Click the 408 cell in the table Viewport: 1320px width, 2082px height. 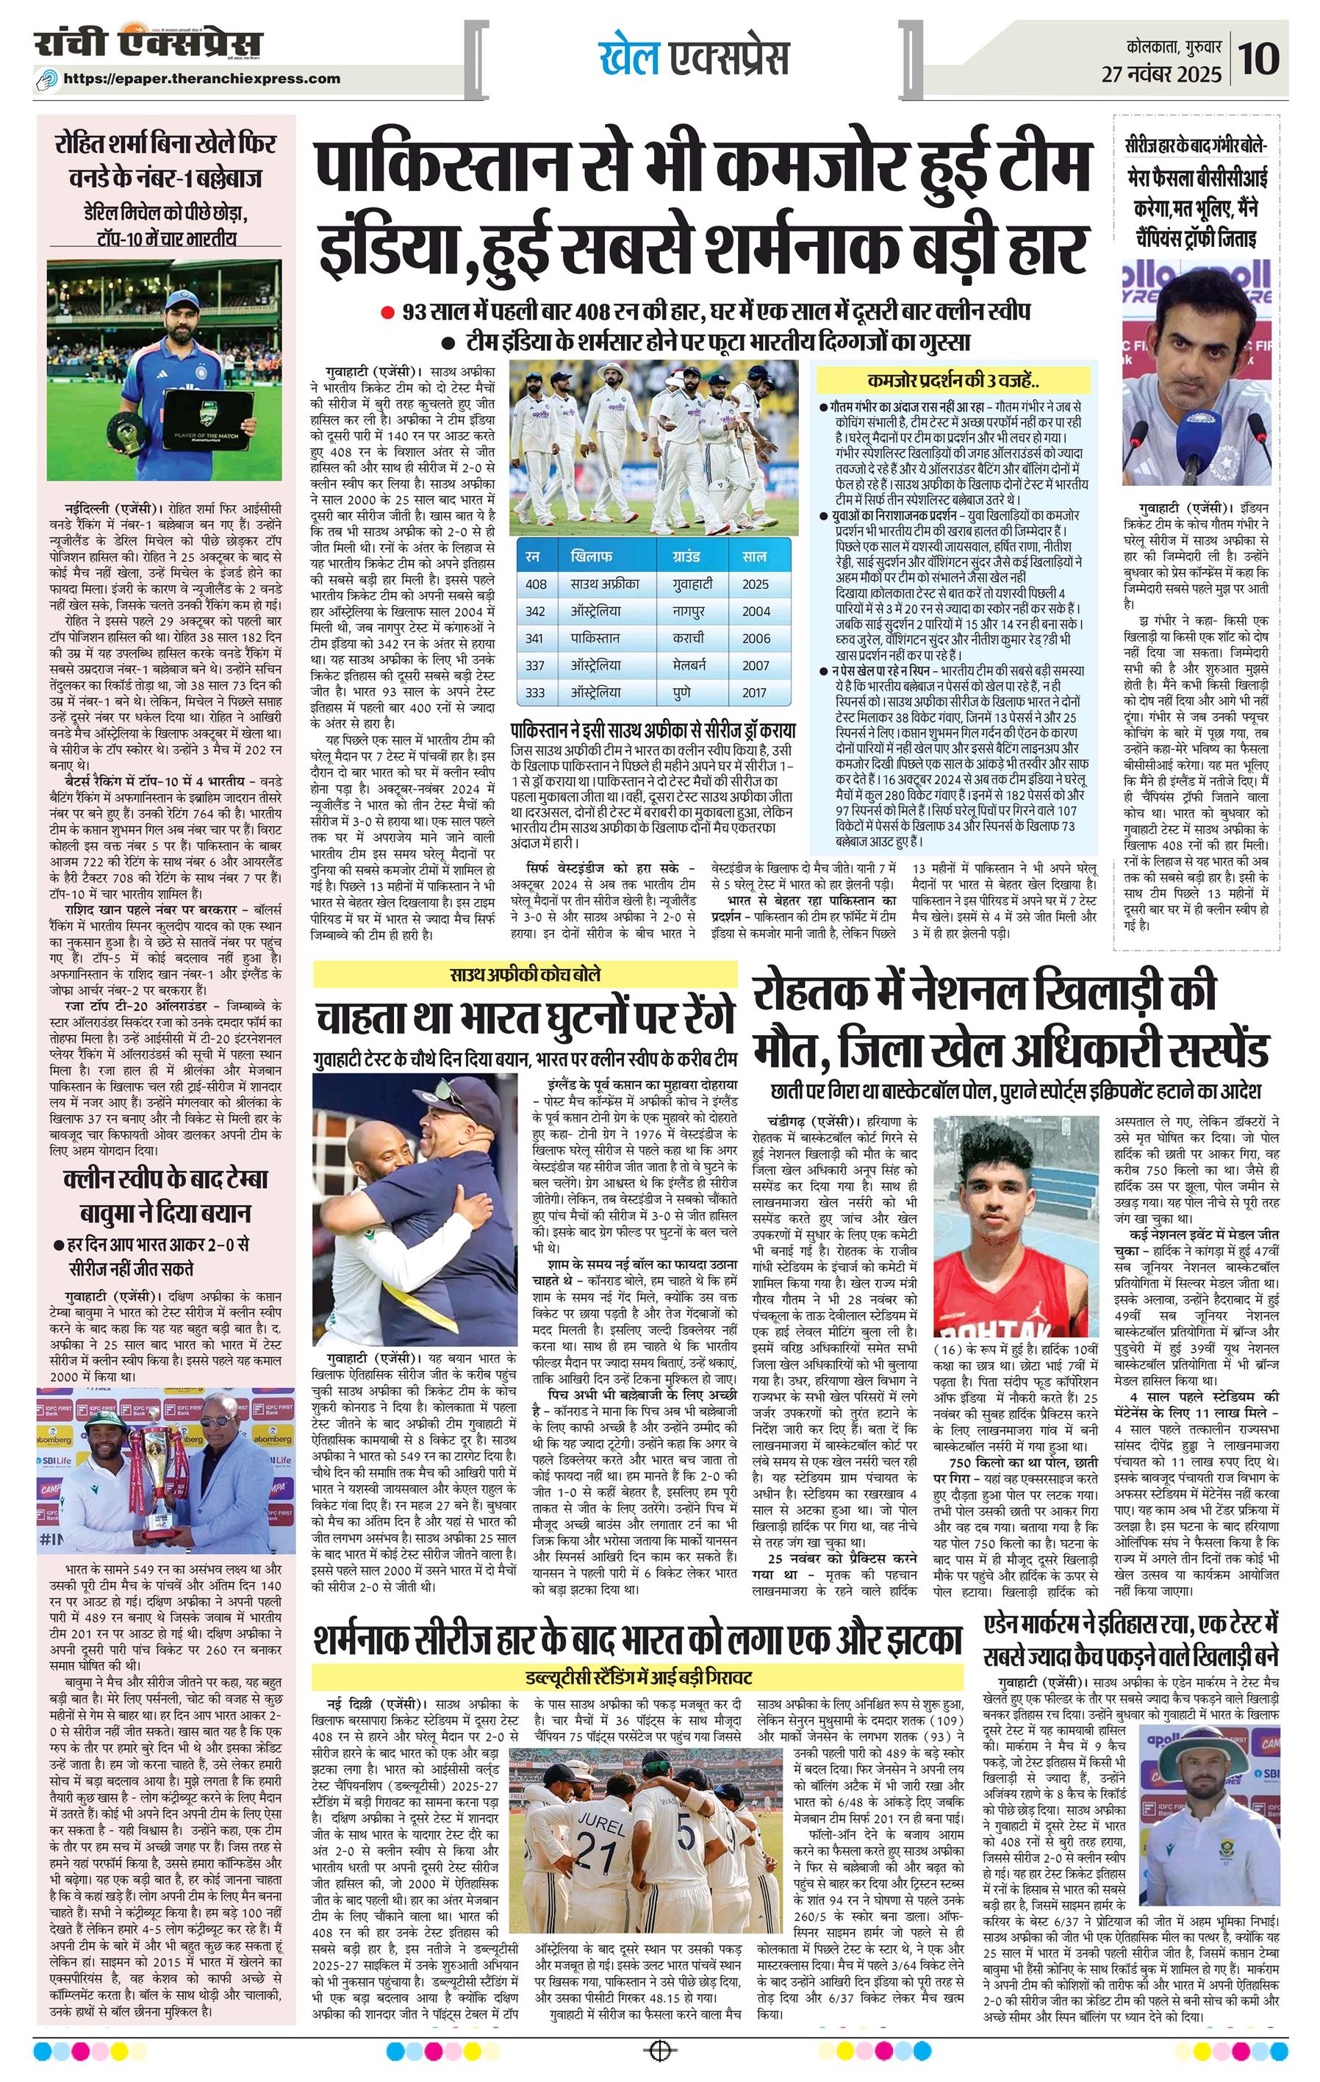click(536, 584)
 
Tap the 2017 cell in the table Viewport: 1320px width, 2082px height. click(755, 693)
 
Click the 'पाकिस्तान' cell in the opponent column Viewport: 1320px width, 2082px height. click(595, 638)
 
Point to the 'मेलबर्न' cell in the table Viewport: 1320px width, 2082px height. click(690, 665)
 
